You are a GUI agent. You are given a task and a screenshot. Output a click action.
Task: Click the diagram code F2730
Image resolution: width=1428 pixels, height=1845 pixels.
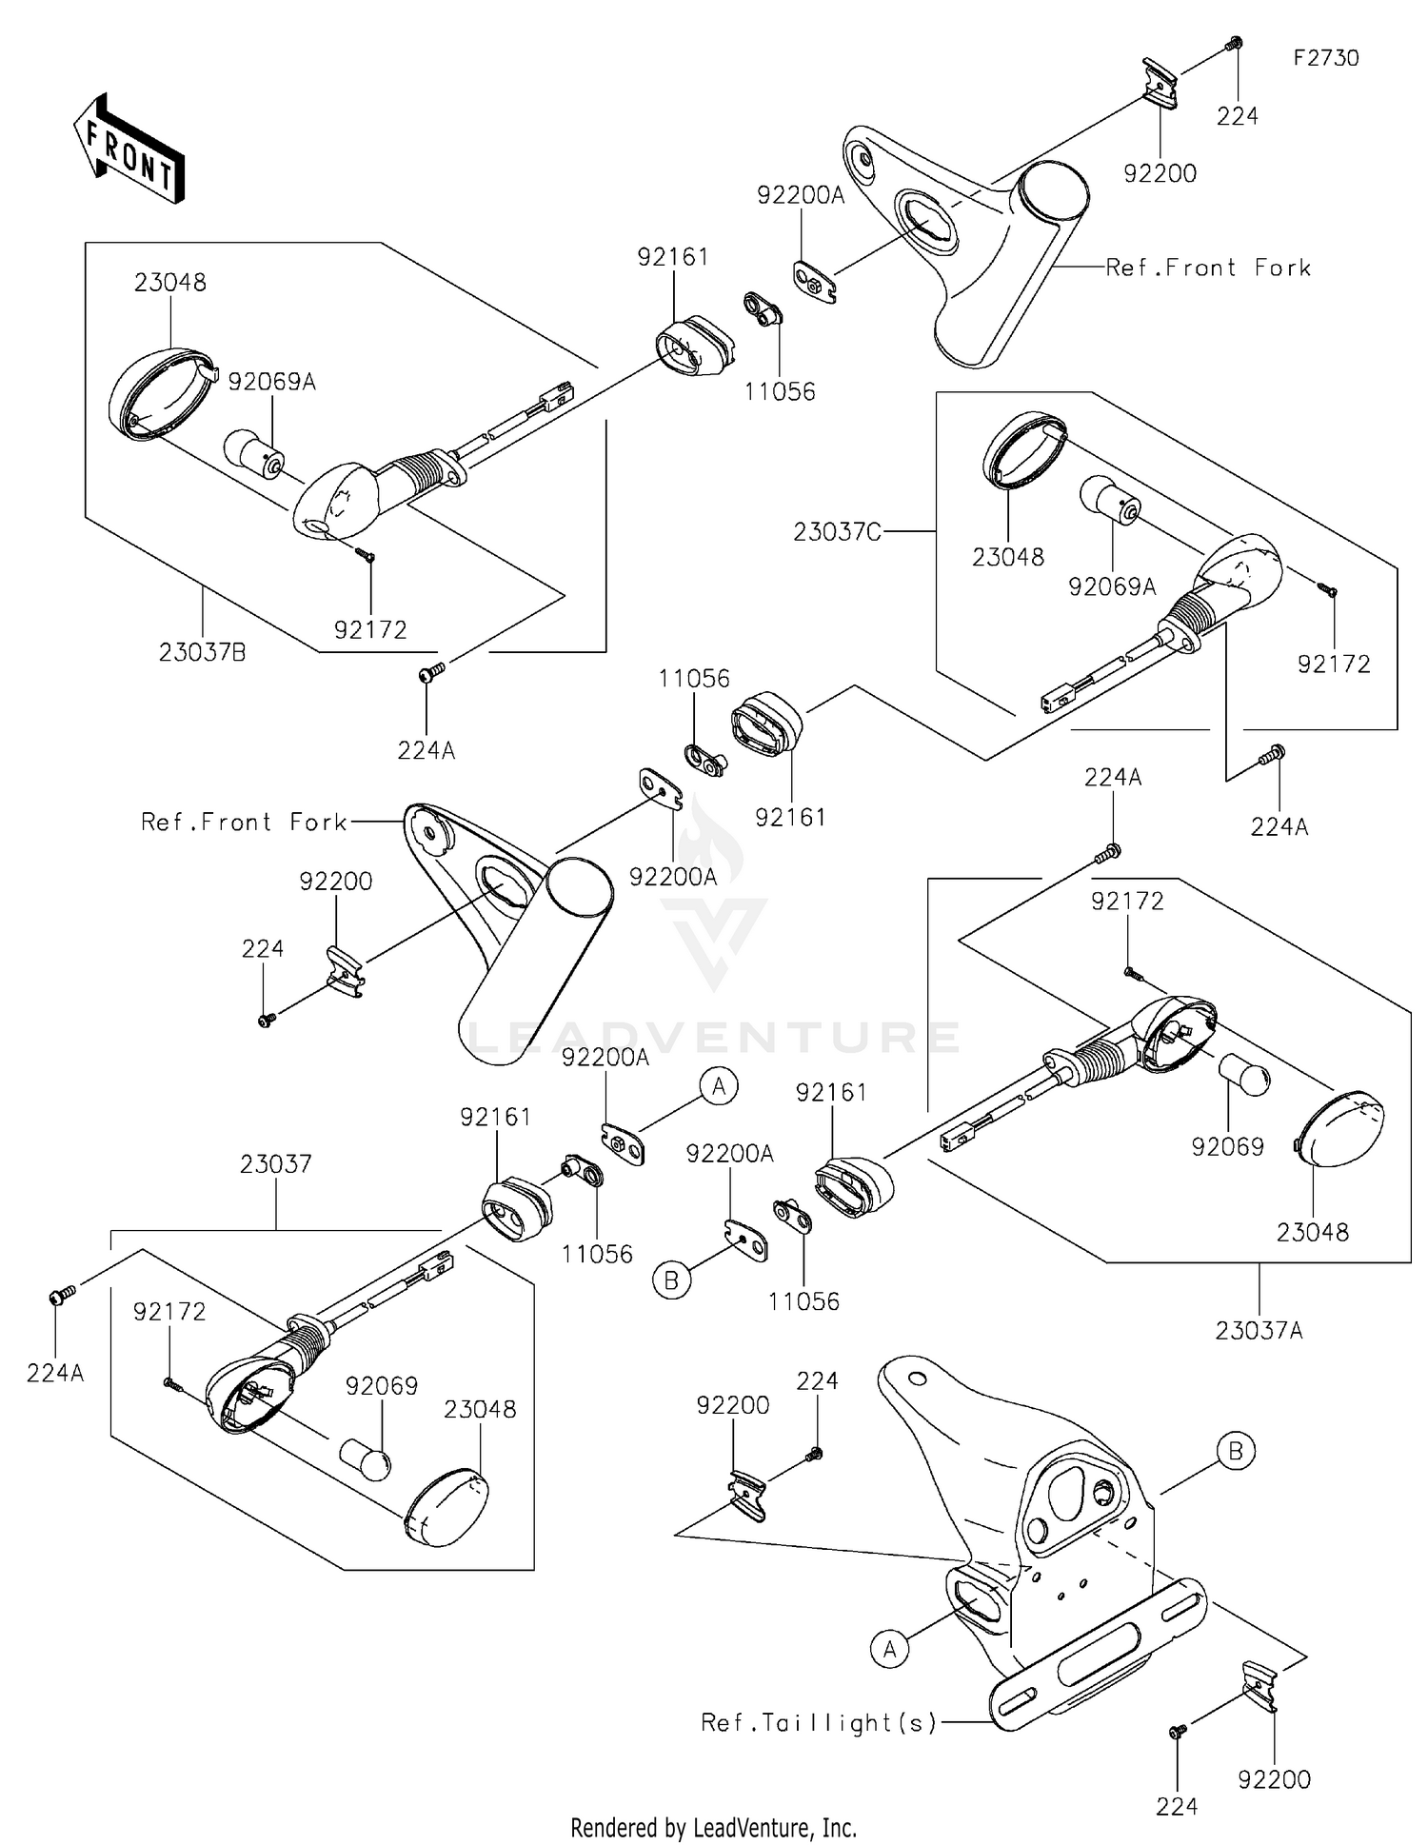[x=1325, y=58]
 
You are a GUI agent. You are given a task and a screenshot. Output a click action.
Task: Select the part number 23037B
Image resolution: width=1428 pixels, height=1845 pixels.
[x=202, y=652]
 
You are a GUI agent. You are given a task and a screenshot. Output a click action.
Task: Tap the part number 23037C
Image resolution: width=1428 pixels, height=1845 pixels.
[x=837, y=532]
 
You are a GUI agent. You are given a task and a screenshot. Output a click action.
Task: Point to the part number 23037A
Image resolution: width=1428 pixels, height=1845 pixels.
[x=1259, y=1330]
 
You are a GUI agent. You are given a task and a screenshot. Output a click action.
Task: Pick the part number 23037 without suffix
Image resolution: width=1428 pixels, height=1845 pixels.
[x=276, y=1163]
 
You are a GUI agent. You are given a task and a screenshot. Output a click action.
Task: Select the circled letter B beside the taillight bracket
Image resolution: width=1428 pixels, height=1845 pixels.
[x=1236, y=1451]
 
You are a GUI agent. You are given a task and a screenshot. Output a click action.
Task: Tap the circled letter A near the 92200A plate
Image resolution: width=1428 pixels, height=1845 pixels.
[x=719, y=1085]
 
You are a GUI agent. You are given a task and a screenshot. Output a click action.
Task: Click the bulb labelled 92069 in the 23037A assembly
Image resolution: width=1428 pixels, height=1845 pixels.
[x=1244, y=1076]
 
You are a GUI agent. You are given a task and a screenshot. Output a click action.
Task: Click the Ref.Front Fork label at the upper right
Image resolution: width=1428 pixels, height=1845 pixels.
[x=1207, y=268]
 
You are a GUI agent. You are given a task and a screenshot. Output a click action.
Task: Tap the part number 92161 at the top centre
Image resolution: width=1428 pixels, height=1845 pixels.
[x=673, y=257]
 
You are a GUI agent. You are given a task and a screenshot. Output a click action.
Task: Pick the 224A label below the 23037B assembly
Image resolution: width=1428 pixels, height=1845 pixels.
[x=426, y=751]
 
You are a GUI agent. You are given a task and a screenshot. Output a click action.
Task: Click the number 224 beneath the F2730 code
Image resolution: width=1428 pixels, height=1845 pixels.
[x=1237, y=116]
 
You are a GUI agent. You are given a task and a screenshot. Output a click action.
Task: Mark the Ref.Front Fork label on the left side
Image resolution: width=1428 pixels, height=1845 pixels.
[x=244, y=822]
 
